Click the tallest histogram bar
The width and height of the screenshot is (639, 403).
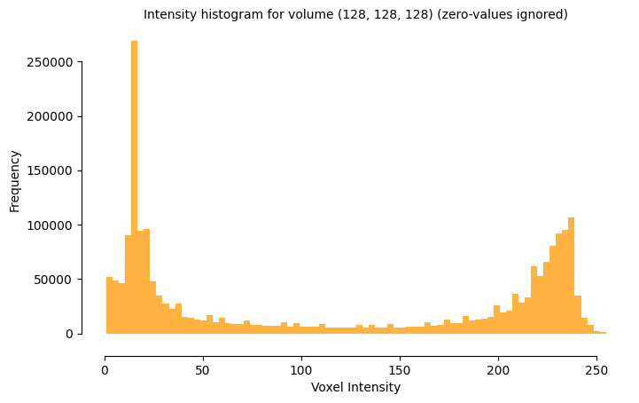(x=134, y=186)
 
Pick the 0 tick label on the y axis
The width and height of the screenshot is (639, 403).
(x=69, y=334)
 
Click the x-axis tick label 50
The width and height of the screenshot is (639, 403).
(x=203, y=369)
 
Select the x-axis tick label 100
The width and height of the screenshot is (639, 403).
(x=301, y=369)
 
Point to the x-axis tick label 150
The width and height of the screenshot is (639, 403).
(x=400, y=369)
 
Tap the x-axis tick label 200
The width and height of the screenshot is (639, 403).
(x=498, y=369)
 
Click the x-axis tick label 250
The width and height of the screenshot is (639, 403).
(x=596, y=369)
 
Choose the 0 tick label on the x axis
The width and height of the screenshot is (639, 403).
(x=105, y=369)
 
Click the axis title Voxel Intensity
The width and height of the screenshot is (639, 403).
(x=355, y=387)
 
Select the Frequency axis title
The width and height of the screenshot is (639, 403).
(x=15, y=180)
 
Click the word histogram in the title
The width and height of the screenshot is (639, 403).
(x=222, y=15)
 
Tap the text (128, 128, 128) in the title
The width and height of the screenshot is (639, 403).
(x=385, y=15)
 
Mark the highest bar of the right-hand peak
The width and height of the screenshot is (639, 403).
(x=571, y=275)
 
